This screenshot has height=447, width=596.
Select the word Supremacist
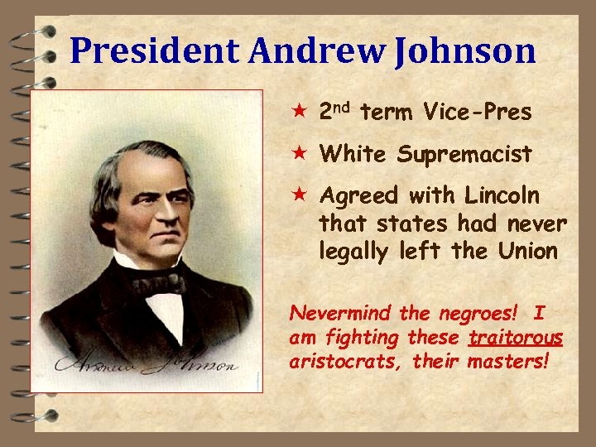464,155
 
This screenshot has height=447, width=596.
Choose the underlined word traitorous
516,338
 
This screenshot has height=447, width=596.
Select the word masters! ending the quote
507,362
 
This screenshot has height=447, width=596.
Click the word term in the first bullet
388,113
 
